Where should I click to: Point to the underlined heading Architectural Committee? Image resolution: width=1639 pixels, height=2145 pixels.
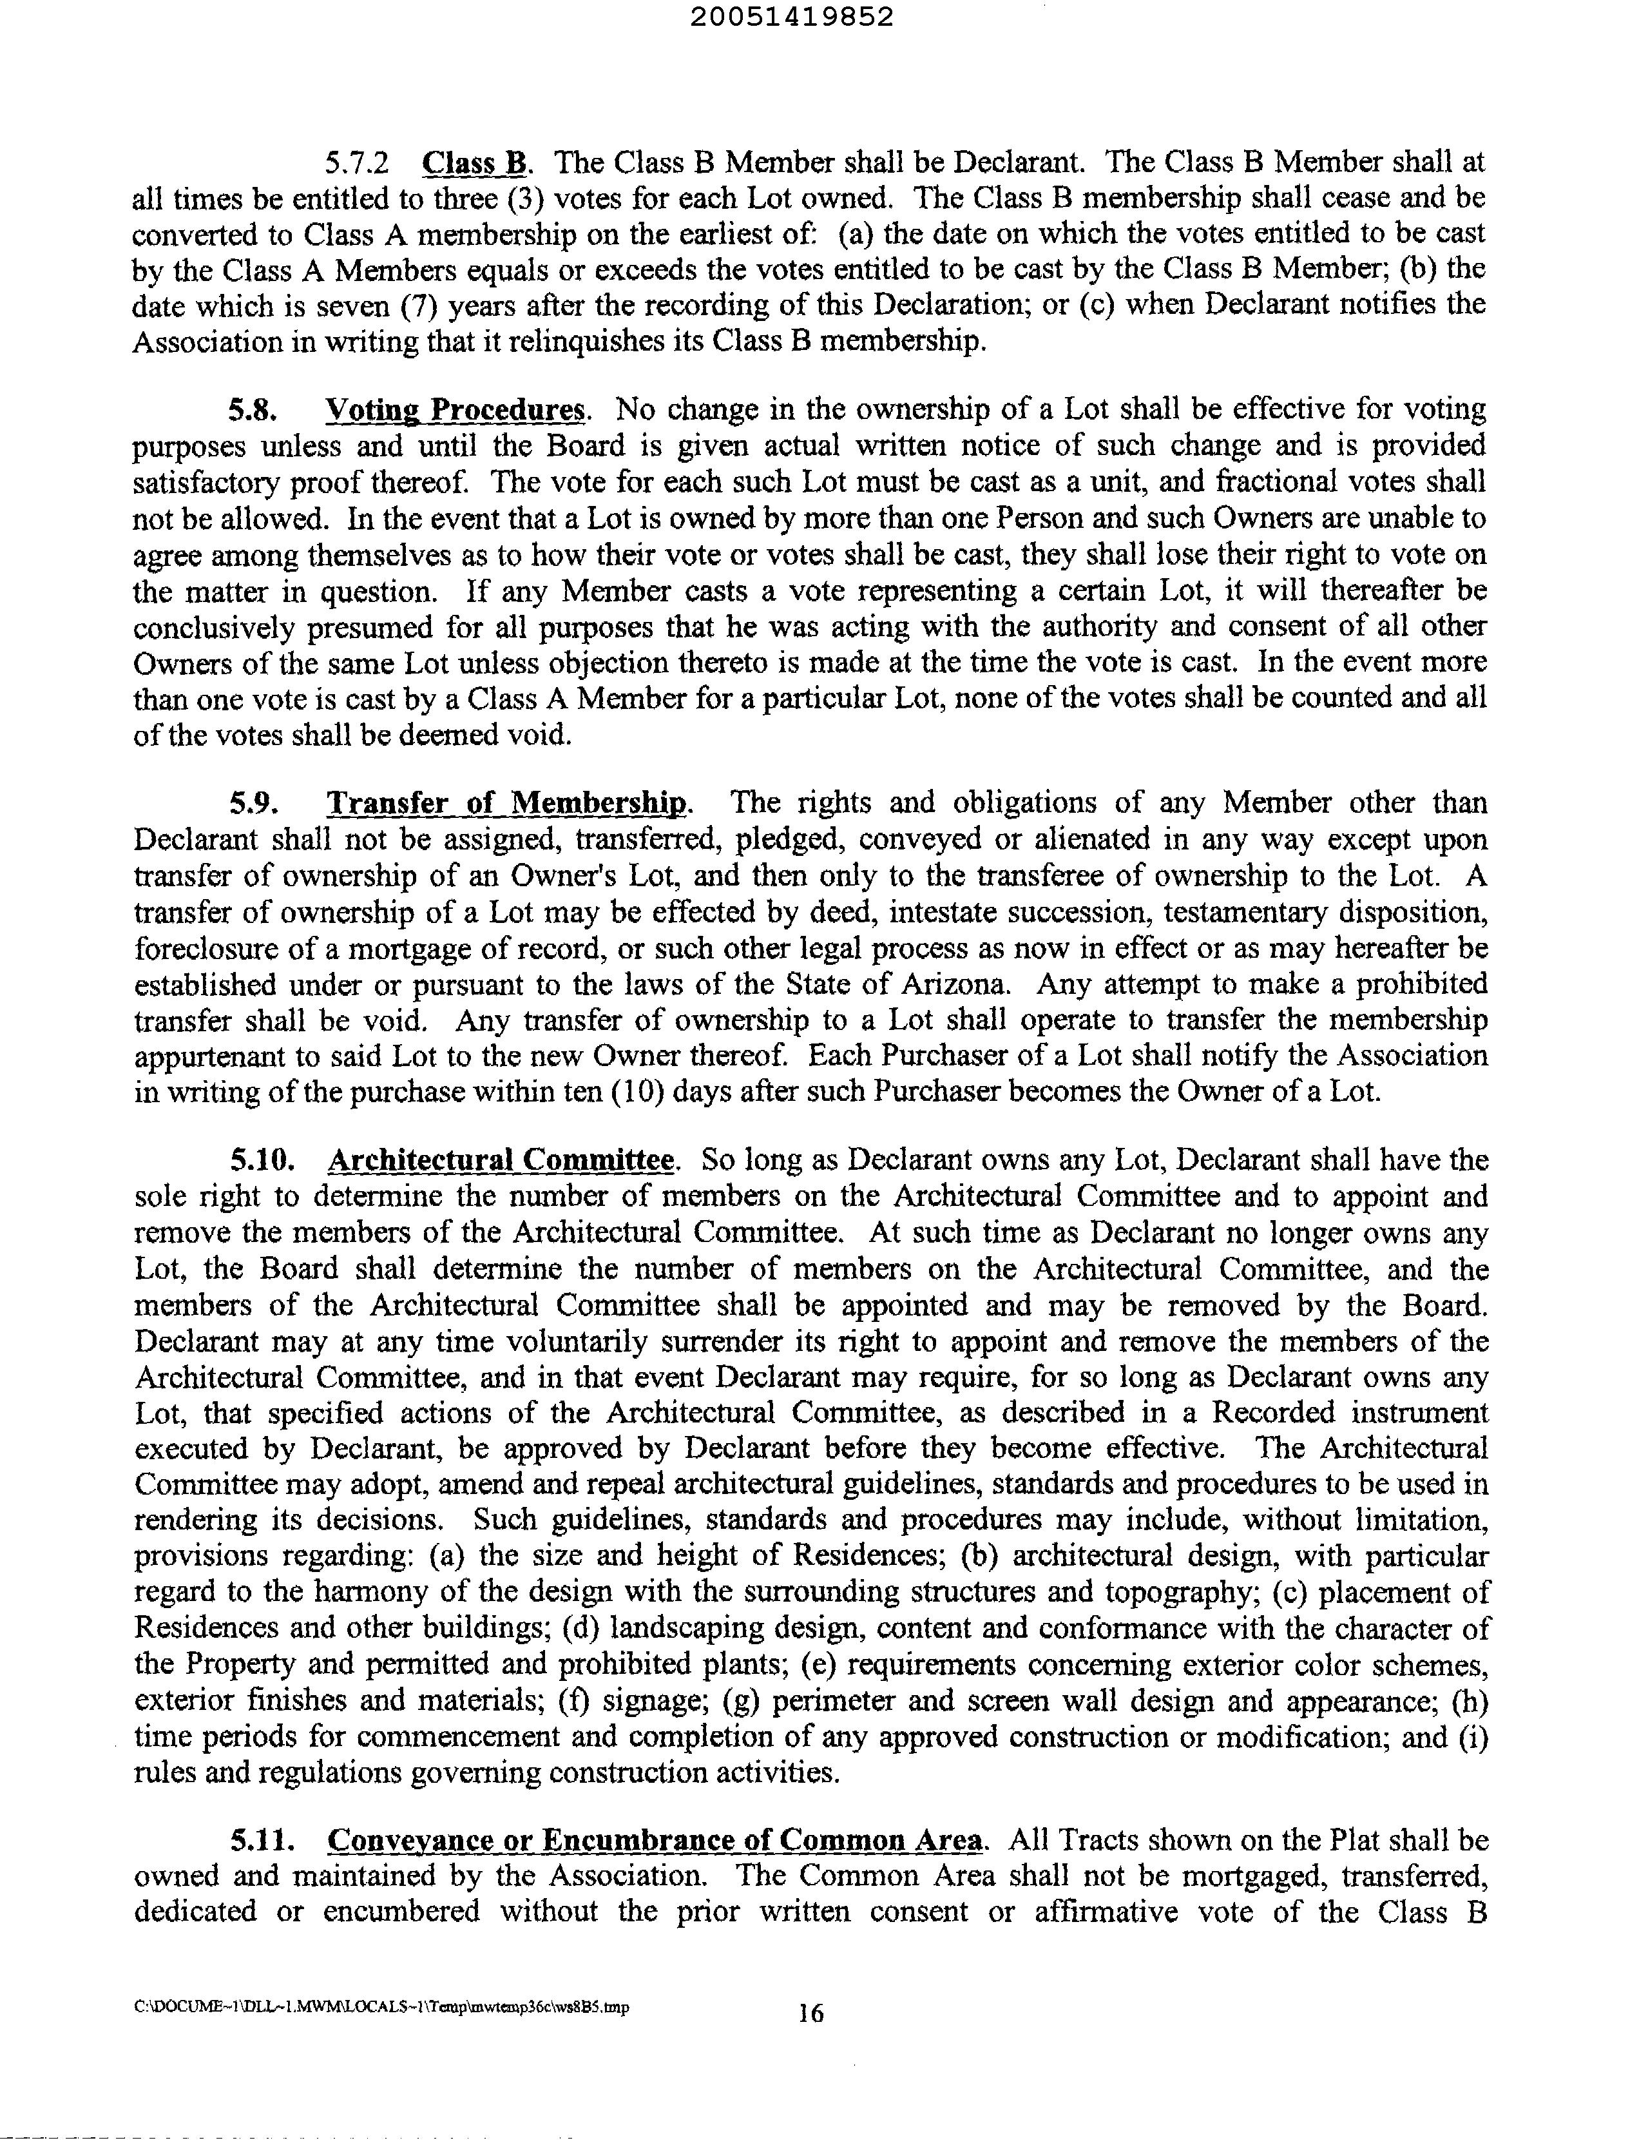tap(501, 1160)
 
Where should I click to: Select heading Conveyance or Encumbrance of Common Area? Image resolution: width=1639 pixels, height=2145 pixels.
tap(655, 1841)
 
